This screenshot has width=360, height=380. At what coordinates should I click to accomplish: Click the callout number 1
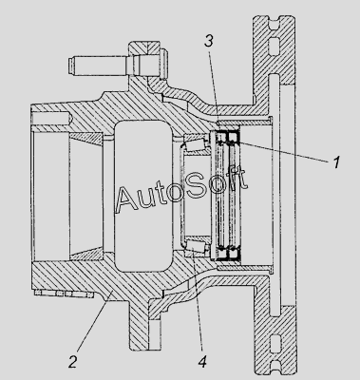[336, 161]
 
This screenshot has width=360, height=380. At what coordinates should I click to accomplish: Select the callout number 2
[72, 361]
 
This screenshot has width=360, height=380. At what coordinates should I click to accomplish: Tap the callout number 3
[209, 41]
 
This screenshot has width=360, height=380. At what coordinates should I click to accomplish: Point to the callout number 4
[201, 361]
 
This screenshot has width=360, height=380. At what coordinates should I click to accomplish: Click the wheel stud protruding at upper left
[98, 66]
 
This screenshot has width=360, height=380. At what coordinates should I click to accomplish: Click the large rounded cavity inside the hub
[143, 196]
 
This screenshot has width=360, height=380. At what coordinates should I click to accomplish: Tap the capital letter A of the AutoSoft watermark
[128, 199]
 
